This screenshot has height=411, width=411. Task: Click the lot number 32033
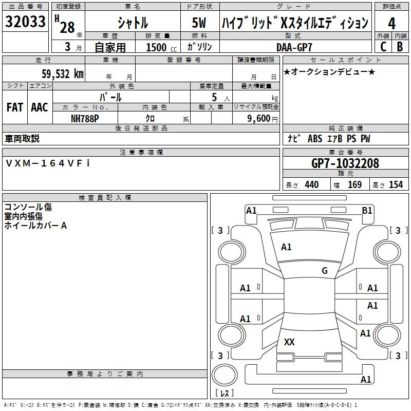coord(25,22)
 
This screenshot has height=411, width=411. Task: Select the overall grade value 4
coord(391,24)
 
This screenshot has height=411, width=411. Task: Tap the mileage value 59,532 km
coord(63,74)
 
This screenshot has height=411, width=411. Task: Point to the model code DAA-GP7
coord(294,47)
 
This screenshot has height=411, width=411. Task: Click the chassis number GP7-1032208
coord(345,163)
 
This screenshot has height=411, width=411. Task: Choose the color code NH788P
coord(85,119)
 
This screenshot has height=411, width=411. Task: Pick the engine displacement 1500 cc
coord(161,47)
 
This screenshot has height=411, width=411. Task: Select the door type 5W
coord(199,23)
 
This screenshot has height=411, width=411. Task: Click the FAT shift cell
coord(15,107)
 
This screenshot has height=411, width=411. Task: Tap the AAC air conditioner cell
coord(40,107)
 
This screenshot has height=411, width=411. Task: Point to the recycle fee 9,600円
coord(263,119)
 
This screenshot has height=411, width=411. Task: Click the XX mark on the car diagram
coord(289,342)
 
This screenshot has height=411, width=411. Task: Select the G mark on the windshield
coord(325,270)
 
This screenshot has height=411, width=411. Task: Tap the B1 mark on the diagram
coord(367,211)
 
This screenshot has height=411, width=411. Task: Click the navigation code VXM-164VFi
coord(47,163)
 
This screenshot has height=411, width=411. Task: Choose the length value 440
coord(312,184)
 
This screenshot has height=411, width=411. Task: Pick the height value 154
coord(396,184)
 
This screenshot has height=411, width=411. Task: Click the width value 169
coord(354,184)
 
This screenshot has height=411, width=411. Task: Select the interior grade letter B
coord(400,47)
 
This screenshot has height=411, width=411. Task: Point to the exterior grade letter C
coord(383,47)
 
